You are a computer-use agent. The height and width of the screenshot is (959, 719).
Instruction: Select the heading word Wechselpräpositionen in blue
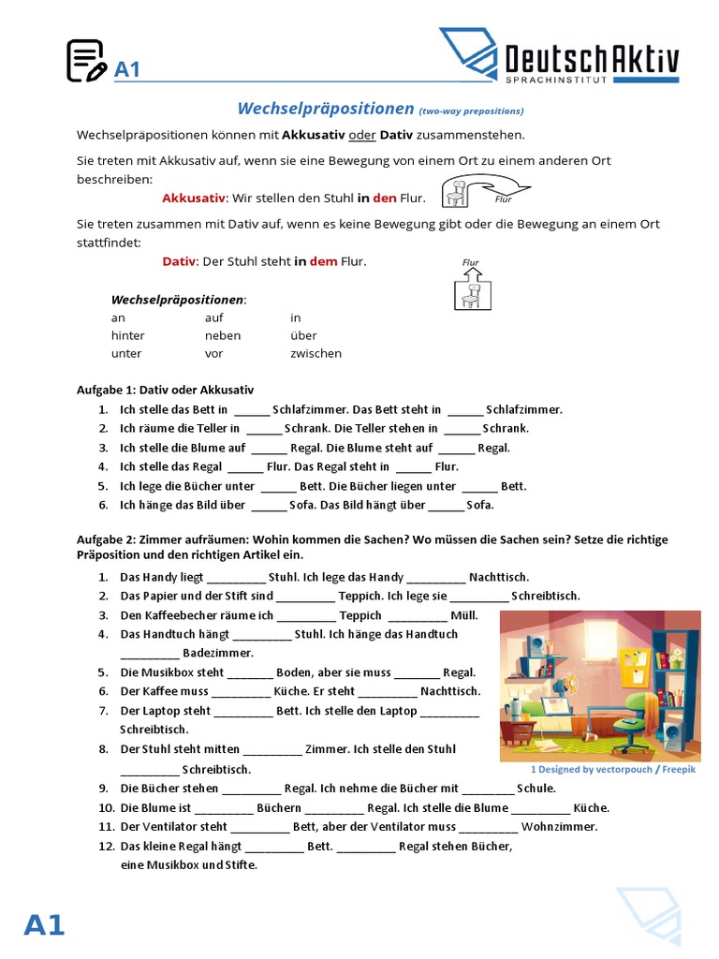(x=325, y=110)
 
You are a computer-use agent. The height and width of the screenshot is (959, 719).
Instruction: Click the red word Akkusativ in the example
(x=194, y=199)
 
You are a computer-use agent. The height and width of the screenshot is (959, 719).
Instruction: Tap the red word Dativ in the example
(x=179, y=261)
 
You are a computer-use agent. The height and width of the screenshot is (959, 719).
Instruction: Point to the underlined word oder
(x=362, y=136)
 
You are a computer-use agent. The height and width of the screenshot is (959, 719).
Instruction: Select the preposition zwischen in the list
(x=315, y=354)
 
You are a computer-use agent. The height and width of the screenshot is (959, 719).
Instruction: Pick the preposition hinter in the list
(x=128, y=335)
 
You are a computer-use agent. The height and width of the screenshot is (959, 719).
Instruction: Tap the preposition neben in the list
(x=223, y=335)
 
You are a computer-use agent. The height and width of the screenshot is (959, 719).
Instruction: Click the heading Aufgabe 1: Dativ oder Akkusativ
(x=165, y=390)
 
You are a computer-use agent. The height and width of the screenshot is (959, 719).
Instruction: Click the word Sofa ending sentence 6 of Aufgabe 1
(x=479, y=506)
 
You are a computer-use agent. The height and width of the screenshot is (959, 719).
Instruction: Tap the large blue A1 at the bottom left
(x=44, y=925)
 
